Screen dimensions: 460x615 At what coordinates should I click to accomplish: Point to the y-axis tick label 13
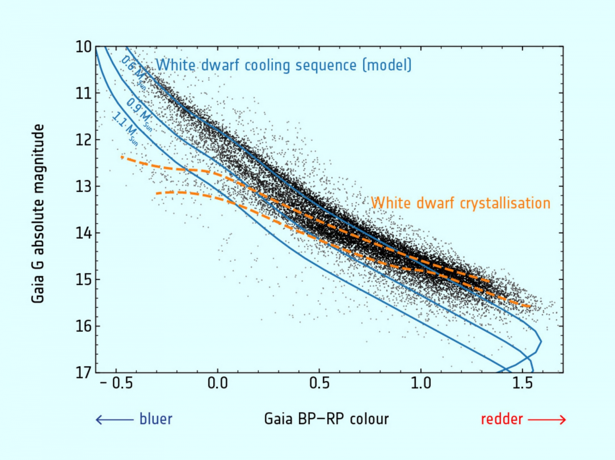pos(83,187)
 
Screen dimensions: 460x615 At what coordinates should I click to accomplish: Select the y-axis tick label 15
pos(83,280)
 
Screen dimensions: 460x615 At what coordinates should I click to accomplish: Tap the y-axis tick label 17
pos(83,373)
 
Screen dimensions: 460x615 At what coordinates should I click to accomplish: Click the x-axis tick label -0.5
pos(117,383)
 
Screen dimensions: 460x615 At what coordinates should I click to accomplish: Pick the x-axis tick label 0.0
pos(218,383)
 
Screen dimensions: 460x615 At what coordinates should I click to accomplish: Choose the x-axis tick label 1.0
pos(421,383)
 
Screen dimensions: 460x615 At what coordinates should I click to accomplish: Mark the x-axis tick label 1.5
pos(523,383)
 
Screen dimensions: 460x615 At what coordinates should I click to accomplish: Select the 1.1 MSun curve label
pos(125,129)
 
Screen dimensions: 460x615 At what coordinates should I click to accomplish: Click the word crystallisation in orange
pos(505,203)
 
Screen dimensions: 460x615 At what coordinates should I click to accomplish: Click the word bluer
pos(156,419)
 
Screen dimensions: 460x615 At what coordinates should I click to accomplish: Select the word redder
pos(502,419)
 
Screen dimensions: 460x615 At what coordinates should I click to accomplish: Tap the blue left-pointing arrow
pos(114,420)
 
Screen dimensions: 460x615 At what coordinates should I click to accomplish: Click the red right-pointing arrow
pos(547,420)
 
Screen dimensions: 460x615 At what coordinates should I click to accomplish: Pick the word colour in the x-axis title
pos(369,419)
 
